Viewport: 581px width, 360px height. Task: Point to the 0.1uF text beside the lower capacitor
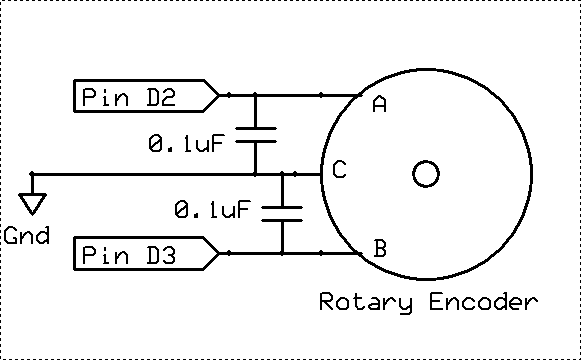(212, 210)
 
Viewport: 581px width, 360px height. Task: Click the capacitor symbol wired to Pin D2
(255, 135)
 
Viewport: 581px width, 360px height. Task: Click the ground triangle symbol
(33, 204)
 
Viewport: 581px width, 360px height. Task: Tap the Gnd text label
(26, 238)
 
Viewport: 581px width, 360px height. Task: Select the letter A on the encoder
(379, 104)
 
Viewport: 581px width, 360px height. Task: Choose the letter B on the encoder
(379, 249)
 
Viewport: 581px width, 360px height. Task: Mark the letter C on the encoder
(339, 171)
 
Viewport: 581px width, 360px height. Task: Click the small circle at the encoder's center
(426, 175)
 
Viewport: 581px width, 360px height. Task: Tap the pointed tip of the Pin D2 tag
(218, 96)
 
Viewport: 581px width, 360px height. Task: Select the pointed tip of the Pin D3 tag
(218, 255)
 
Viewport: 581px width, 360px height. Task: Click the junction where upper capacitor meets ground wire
(255, 175)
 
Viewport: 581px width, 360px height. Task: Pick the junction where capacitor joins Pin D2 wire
(255, 96)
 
